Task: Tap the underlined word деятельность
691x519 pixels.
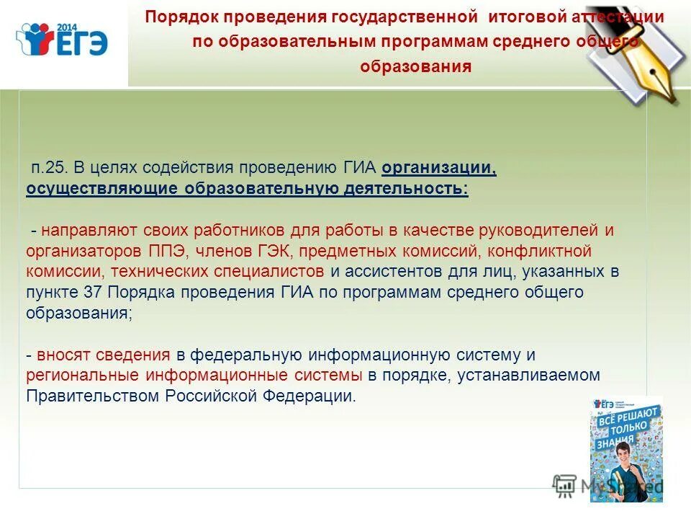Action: pos(404,190)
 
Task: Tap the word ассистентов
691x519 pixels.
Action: pos(402,272)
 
